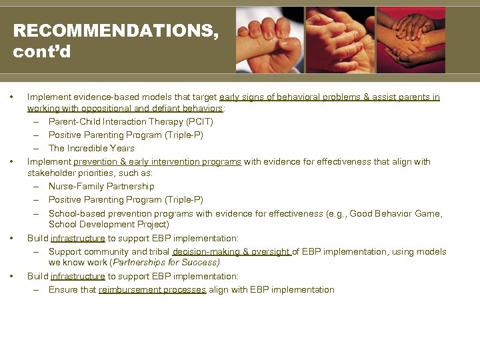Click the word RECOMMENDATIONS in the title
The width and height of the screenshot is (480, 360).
click(x=115, y=31)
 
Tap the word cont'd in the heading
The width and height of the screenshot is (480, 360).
click(x=42, y=51)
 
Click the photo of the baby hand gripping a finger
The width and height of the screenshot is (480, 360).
click(x=269, y=40)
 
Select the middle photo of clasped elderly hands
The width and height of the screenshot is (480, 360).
click(x=340, y=40)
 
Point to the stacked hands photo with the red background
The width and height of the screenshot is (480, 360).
click(x=411, y=40)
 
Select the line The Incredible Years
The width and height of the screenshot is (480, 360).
click(x=91, y=148)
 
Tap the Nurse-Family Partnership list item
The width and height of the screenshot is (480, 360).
click(x=101, y=187)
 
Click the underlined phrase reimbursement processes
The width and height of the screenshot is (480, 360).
click(x=152, y=290)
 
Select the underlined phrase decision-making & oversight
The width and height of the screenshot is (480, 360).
click(x=231, y=252)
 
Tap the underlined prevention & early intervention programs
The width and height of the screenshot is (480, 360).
click(x=157, y=162)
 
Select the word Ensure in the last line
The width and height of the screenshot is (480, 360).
click(x=63, y=290)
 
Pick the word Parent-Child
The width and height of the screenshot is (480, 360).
click(x=74, y=122)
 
